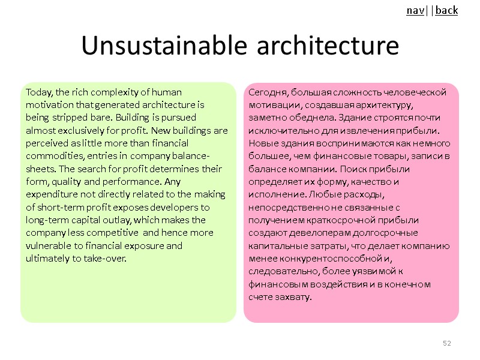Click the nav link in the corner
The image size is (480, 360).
point(414,10)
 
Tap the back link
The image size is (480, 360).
point(446,10)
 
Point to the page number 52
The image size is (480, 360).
point(446,343)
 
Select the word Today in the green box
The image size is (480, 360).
point(38,92)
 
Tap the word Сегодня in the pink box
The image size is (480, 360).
point(266,92)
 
